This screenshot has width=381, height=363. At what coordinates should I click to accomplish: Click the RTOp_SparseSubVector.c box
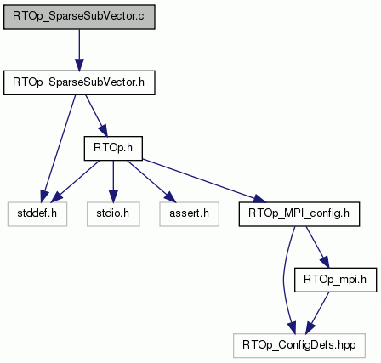pos(79,17)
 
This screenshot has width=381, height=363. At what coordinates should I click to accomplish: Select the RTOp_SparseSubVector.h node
pos(79,82)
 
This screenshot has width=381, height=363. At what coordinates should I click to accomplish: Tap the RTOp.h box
pos(113,148)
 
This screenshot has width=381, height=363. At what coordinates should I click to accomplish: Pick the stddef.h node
pos(37,214)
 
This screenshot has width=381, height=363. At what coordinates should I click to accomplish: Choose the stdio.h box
pos(113,214)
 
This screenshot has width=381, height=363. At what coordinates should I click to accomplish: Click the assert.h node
pos(189,214)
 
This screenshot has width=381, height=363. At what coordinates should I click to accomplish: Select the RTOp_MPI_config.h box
pos(299,214)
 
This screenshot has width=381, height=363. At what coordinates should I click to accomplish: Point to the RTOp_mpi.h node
pos(335,280)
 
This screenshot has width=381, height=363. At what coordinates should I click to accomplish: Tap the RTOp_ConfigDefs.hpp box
pos(299,345)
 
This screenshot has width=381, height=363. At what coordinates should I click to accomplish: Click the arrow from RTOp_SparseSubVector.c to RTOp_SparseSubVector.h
pos(79,50)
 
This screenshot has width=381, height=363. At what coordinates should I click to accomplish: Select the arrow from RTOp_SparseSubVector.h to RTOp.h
pos(96,116)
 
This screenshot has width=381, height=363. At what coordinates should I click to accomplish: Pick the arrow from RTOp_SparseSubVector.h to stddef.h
pos(59,149)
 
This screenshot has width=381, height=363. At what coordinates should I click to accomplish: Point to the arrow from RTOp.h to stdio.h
pos(113,181)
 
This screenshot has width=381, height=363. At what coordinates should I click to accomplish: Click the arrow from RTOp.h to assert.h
pos(151,181)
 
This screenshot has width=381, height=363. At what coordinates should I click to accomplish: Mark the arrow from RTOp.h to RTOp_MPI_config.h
pos(204,181)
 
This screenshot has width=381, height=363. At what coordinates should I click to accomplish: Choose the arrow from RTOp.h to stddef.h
pos(75,181)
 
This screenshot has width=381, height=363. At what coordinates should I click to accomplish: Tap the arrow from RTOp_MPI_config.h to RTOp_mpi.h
pos(318,247)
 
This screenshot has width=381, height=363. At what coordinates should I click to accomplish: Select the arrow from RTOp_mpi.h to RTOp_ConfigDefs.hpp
pos(317,313)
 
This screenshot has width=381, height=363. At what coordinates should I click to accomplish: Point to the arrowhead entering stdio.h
pos(113,196)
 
